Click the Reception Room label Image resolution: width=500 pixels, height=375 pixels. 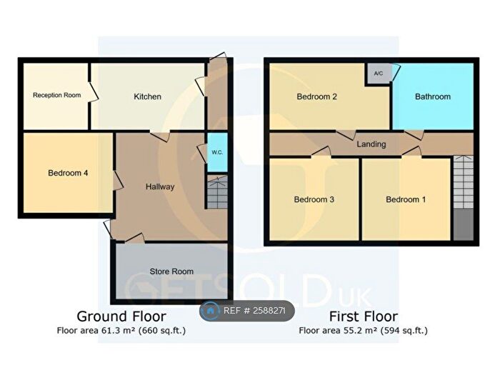56,95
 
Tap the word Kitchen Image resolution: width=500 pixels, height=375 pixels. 147,96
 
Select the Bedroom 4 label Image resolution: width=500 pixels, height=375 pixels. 68,173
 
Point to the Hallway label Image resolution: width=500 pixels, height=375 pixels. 160,186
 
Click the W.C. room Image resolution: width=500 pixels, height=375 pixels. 217,152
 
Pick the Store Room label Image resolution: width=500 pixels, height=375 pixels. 171,271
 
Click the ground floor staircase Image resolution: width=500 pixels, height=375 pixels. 217,192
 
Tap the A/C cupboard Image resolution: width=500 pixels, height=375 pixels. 378,74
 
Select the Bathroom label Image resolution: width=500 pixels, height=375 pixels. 433,96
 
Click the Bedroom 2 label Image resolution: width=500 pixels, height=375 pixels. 317,96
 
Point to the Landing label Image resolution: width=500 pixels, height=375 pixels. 371,144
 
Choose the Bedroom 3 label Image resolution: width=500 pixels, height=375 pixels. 314,199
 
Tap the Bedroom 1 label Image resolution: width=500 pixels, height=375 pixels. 406,199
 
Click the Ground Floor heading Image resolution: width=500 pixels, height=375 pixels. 121,316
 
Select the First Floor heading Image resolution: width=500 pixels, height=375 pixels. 364,316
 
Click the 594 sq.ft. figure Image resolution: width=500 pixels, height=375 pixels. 404,330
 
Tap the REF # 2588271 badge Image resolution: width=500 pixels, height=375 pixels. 247,311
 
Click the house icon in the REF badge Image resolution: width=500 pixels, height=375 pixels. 211,311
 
